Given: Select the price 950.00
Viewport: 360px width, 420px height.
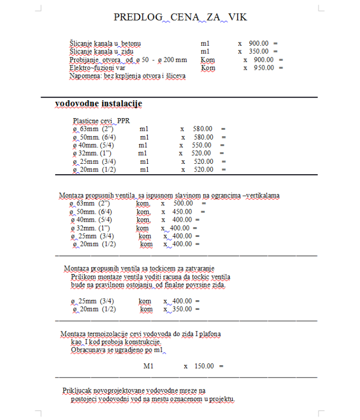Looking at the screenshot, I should pos(264,68).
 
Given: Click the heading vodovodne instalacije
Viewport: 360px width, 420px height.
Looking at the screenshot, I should pos(98,104).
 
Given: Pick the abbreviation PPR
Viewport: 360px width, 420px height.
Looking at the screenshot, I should pos(124,120).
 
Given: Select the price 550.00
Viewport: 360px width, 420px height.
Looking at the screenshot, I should pos(201,145).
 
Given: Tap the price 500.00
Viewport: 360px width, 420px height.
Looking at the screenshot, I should pos(183,203).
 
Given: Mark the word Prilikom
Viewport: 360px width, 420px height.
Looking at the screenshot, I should pos(84,277).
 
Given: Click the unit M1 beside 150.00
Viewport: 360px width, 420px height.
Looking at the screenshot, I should pos(148,366).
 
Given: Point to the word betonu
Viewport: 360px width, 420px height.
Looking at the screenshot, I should pos(129,43).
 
